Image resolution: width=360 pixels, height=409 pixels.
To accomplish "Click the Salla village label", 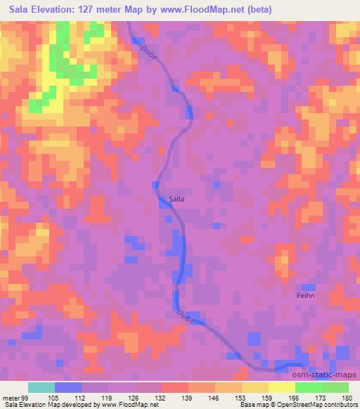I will pos(177,199).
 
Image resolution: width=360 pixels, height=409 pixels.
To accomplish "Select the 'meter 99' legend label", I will pos(13,397).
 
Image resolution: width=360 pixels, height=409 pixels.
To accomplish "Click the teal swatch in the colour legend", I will pos(41,387).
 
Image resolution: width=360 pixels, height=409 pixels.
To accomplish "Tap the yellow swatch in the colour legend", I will pos(281,387).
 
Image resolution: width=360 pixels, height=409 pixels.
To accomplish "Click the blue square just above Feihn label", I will pos(307,287).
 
